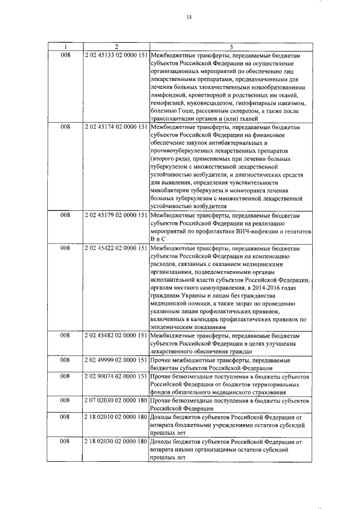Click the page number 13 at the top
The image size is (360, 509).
click(189, 17)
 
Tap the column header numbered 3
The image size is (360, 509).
click(231, 46)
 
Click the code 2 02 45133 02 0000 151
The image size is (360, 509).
click(116, 56)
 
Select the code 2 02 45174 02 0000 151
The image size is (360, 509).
click(116, 128)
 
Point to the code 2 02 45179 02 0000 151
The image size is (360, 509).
click(116, 215)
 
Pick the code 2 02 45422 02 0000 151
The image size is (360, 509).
click(116, 247)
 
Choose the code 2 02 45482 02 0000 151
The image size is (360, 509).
click(116, 335)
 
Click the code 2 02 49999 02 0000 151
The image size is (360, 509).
click(116, 358)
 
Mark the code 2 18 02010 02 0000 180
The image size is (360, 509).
click(116, 418)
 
